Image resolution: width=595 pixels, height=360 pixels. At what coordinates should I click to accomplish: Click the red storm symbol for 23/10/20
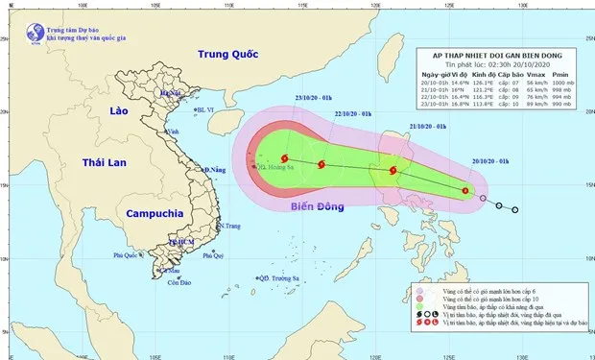(284, 158)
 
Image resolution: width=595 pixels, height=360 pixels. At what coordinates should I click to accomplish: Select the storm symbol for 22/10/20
(321, 164)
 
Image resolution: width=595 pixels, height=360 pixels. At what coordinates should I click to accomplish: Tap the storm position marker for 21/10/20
(393, 171)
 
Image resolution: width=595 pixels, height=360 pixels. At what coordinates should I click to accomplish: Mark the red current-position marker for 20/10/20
(465, 190)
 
